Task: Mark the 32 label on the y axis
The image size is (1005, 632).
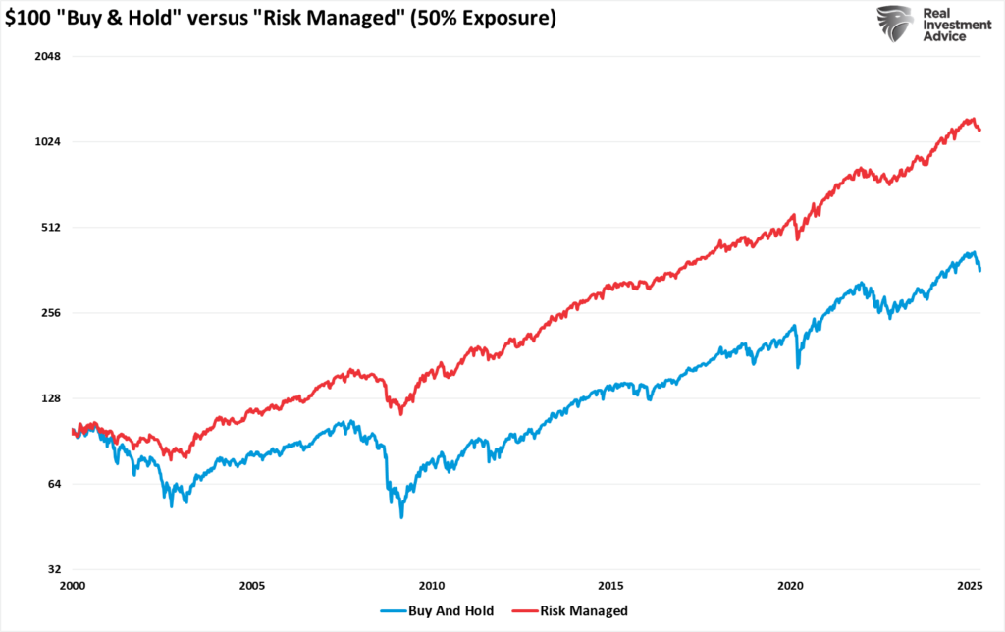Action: pos(55,569)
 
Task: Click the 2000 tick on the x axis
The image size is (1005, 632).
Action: pos(74,586)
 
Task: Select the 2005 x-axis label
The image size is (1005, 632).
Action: pos(252,586)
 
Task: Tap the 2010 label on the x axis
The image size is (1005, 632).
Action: pos(432,586)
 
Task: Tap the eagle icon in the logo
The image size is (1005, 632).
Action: pos(895,25)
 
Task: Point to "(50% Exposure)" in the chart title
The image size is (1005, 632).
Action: pos(485,19)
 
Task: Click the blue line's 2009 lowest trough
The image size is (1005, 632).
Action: pos(401,515)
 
